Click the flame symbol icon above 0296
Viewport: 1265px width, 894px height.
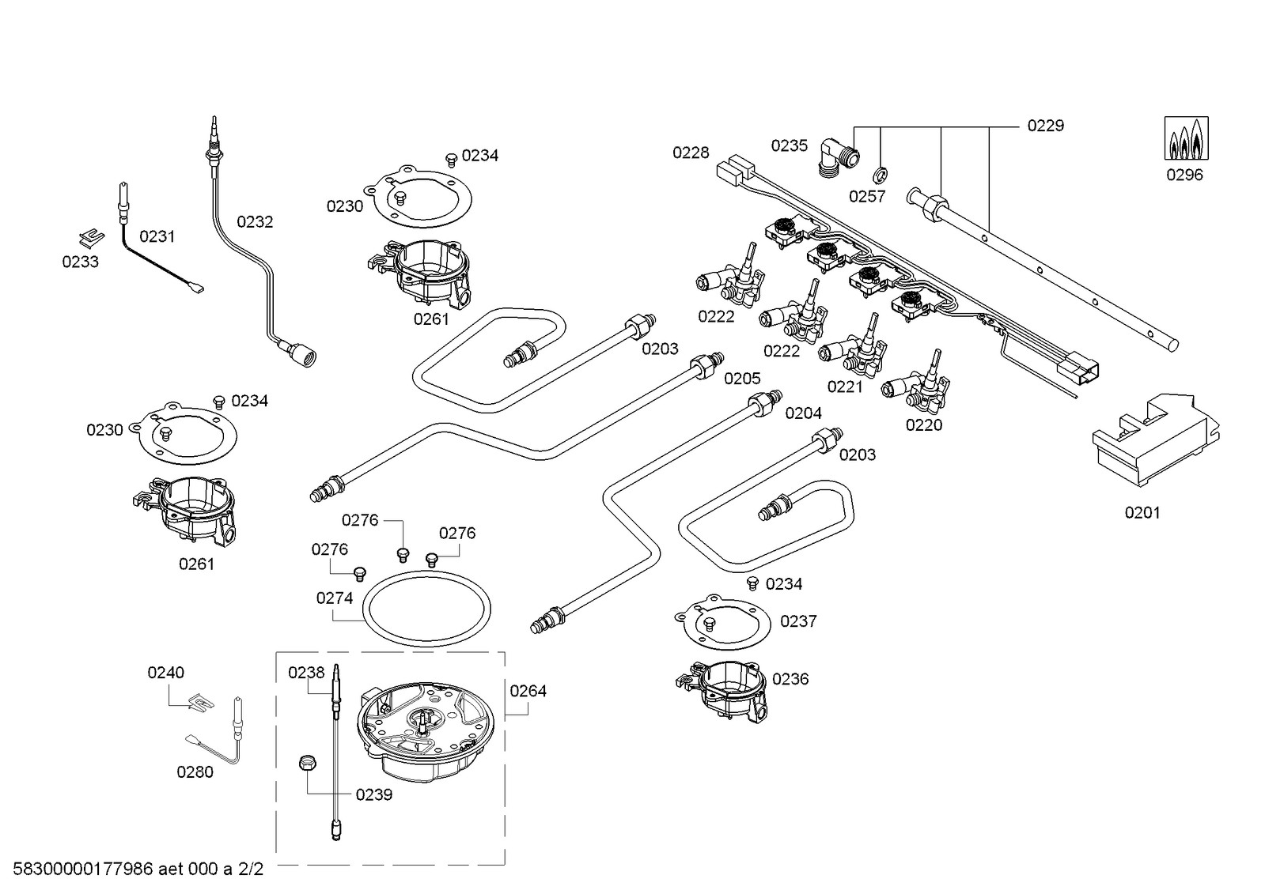1186,138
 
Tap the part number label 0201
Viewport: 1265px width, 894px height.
1142,512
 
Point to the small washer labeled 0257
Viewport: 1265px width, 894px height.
880,176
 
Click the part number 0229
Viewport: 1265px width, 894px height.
1045,126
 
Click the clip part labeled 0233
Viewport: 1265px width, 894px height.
91,238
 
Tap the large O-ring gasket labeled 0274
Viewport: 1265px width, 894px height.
426,609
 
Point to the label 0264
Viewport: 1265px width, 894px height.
528,691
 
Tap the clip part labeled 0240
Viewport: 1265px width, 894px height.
201,701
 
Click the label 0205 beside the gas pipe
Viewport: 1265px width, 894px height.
742,378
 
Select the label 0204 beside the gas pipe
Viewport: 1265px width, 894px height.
803,413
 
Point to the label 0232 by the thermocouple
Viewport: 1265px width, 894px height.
255,222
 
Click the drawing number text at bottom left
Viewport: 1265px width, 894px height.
138,869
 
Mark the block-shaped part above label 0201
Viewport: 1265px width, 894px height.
1156,440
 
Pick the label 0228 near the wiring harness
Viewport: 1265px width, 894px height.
690,153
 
